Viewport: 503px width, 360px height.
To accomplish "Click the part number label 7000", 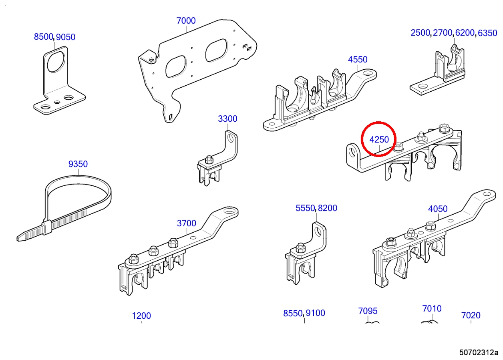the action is click(x=186, y=21).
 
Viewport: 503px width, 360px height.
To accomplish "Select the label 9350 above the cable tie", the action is click(x=78, y=164).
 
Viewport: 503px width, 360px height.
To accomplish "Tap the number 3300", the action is click(x=227, y=119).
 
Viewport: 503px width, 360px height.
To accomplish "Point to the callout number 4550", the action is click(x=358, y=60).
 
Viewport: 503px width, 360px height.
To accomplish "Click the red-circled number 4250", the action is click(x=379, y=140).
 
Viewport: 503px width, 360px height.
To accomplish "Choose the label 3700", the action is click(x=186, y=223).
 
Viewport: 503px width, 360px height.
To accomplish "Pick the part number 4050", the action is click(x=438, y=209).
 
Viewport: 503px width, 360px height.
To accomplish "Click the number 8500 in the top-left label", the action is click(x=43, y=37).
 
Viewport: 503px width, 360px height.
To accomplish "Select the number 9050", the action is click(x=66, y=37).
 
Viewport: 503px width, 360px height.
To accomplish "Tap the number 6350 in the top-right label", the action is click(x=487, y=33).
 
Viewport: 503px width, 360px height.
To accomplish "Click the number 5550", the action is click(x=305, y=208).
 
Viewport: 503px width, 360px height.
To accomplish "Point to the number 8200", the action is click(x=328, y=208).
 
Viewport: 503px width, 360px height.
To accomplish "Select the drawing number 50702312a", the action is click(x=479, y=352).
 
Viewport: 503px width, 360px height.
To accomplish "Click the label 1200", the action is click(x=141, y=316).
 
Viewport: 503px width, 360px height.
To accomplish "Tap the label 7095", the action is click(x=368, y=311).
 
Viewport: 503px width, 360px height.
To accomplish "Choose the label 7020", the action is click(x=471, y=316).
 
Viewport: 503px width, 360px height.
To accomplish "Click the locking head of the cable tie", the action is click(x=47, y=227).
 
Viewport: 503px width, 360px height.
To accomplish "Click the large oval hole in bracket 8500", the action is click(x=56, y=61).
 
